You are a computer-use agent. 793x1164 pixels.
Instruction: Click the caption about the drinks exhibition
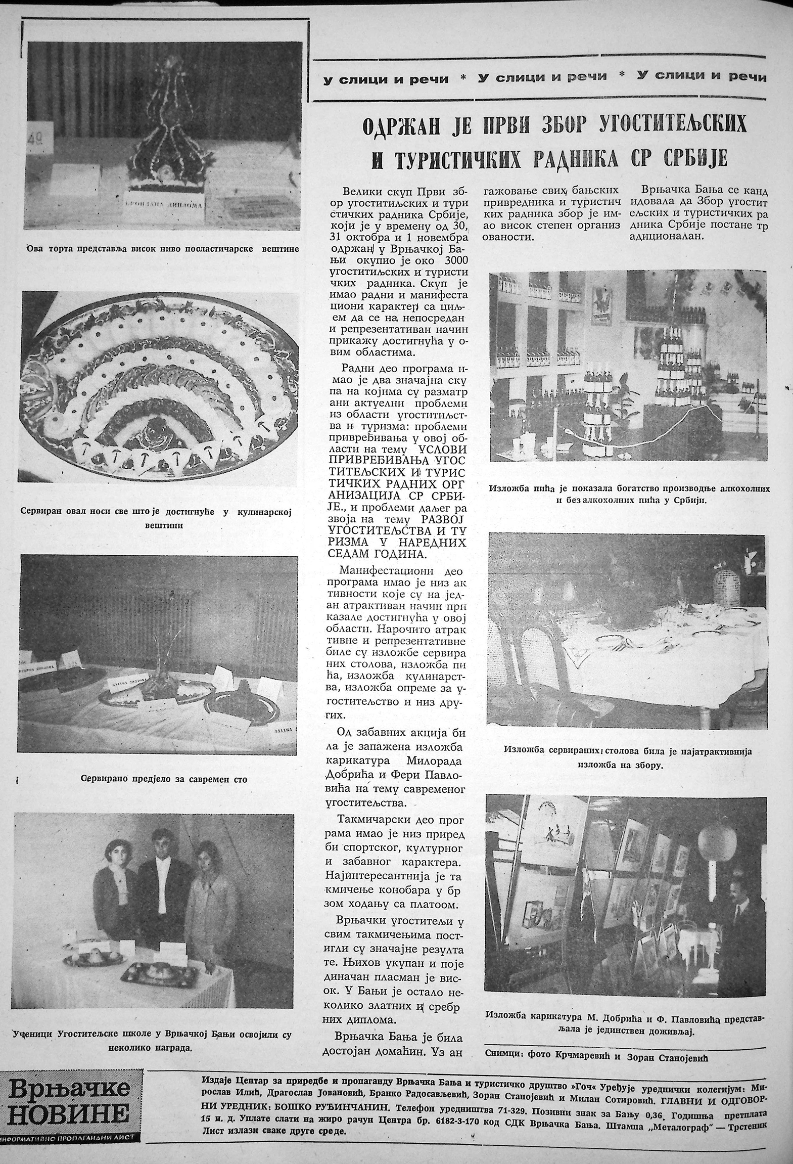click(629, 494)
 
